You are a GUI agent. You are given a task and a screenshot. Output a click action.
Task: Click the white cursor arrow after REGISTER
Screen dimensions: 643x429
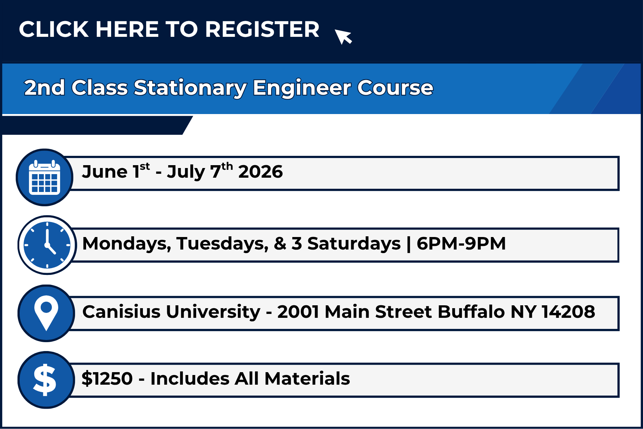(343, 36)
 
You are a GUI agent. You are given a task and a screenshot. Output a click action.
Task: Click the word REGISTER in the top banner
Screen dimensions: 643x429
(262, 29)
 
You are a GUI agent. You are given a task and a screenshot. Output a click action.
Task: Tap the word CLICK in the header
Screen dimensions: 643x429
(54, 29)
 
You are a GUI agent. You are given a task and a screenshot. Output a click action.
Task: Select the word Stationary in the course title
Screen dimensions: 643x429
(190, 88)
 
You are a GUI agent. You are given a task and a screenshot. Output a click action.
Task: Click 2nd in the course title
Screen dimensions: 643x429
(45, 88)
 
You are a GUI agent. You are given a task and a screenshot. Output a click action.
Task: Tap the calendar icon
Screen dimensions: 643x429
(45, 177)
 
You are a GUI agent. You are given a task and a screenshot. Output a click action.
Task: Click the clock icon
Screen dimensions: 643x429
(47, 245)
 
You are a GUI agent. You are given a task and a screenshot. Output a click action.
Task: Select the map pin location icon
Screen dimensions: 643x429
(46, 313)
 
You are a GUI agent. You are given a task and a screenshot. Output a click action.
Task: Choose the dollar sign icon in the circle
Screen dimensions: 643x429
(45, 380)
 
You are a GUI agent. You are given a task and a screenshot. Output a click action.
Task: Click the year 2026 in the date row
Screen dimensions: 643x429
(260, 172)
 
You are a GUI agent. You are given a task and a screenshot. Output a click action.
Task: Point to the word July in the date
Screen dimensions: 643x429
(186, 173)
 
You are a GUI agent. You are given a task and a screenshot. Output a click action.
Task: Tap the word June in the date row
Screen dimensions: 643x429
(105, 172)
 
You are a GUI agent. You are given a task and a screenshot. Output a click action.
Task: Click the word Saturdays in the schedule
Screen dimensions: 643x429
(354, 244)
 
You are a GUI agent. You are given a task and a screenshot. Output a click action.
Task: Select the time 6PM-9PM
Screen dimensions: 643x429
(461, 243)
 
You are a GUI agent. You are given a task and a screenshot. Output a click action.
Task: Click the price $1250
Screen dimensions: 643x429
(107, 379)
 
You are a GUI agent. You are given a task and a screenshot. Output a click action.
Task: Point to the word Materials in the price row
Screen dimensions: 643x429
(307, 379)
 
